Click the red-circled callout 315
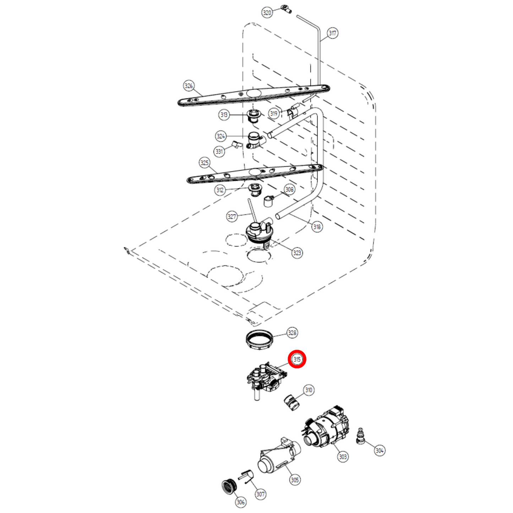click(x=297, y=359)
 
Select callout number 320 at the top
click(x=267, y=13)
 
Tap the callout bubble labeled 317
click(x=332, y=33)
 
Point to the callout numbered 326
click(x=189, y=86)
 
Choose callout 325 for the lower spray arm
click(x=204, y=163)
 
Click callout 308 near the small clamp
click(x=289, y=190)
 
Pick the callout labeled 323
click(x=297, y=253)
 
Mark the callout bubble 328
click(x=292, y=333)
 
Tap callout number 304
click(x=380, y=450)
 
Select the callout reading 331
click(x=219, y=151)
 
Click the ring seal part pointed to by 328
click(x=259, y=340)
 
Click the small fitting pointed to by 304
click(x=361, y=436)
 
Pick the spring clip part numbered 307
click(x=248, y=476)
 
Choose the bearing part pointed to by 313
click(x=254, y=116)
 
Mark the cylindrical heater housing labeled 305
click(x=279, y=458)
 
